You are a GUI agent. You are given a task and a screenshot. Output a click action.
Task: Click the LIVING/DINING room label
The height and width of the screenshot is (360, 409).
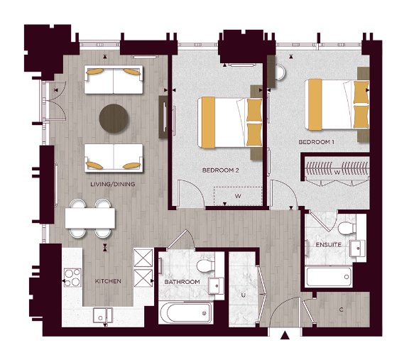(x=113, y=185)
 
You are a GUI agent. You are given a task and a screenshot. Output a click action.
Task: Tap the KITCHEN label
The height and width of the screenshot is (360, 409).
(x=108, y=282)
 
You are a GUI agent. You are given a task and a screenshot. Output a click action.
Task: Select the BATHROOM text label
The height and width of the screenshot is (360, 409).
(x=182, y=282)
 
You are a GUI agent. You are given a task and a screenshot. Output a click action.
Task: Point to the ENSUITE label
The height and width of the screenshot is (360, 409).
(x=329, y=245)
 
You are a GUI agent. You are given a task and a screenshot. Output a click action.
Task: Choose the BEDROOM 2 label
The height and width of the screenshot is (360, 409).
(x=219, y=170)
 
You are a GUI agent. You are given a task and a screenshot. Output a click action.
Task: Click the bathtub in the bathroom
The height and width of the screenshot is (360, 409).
(x=185, y=312)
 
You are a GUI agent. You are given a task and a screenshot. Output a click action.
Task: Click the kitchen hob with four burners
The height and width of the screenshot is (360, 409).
(x=72, y=276)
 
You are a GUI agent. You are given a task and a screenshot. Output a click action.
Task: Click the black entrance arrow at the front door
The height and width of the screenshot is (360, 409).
(x=285, y=336)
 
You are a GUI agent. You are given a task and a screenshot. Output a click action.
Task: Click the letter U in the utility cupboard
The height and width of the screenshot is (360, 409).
(x=243, y=294)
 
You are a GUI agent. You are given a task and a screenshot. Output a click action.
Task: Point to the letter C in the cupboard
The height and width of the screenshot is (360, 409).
(x=342, y=310)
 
